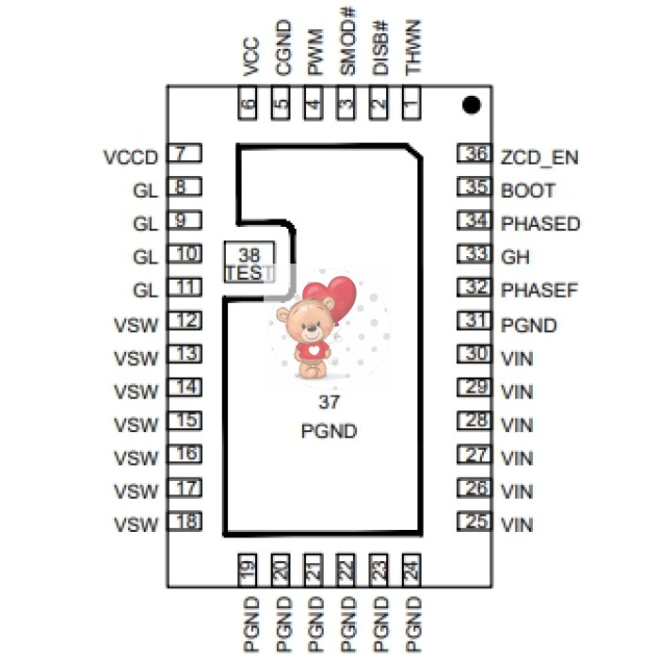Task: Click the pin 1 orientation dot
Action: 473,104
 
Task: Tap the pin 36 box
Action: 474,154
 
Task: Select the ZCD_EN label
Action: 539,156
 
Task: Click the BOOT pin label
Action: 528,190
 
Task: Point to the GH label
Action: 514,256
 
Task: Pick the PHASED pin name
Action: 540,224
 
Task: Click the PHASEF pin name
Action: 539,290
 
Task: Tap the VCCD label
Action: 130,156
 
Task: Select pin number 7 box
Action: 185,153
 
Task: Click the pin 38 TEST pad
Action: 249,264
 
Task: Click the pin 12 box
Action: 185,321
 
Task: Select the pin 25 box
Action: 474,521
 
